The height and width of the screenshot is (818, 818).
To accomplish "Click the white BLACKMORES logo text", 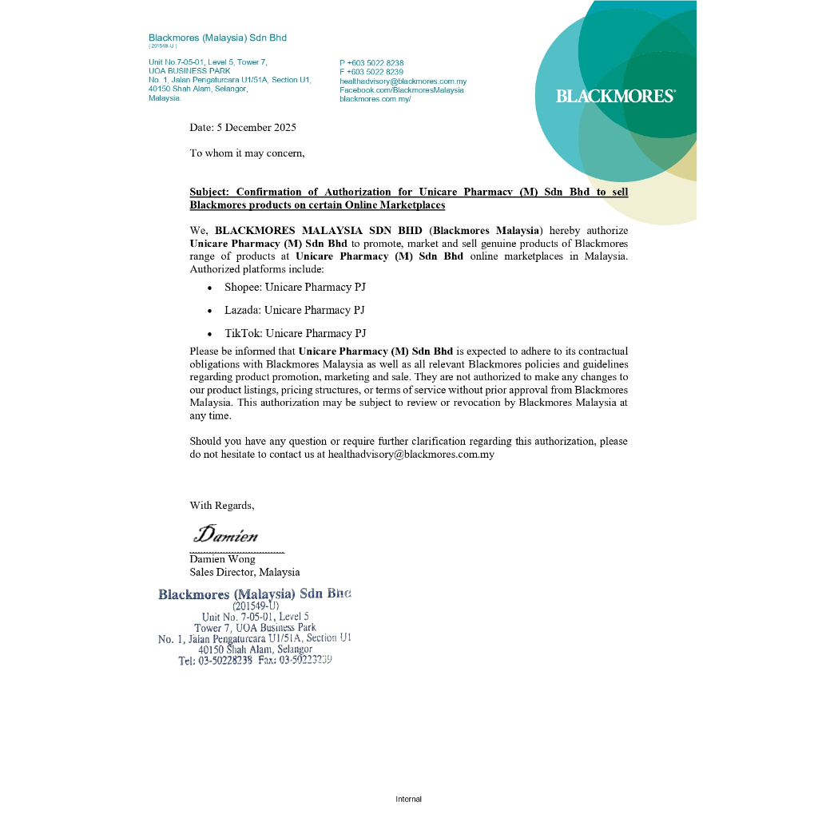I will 615,96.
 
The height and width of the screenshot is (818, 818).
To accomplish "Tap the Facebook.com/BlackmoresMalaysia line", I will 402,90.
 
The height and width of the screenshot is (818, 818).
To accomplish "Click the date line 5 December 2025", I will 243,128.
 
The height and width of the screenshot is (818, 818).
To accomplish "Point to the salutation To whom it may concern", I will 247,153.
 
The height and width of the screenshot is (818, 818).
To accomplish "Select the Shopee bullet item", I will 295,287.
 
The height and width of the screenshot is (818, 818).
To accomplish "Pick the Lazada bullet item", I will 294,310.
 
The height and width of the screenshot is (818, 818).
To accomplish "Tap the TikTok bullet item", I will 295,333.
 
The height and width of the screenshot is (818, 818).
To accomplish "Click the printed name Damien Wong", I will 222,559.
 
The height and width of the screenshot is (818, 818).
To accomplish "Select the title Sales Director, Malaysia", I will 244,572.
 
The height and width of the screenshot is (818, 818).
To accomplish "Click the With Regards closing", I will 222,505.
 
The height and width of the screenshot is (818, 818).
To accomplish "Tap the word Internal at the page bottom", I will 408,799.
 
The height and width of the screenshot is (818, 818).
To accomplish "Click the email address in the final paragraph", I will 411,455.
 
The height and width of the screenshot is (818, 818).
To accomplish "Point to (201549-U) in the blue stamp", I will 256,606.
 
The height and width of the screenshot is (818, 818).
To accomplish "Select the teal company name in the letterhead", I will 217,38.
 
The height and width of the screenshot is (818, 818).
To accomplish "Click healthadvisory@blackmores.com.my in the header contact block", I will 403,81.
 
